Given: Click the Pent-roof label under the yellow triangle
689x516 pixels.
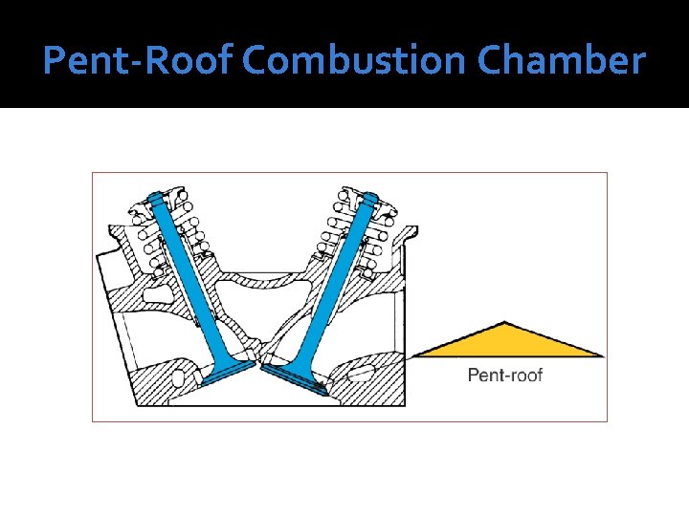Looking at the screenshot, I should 504,375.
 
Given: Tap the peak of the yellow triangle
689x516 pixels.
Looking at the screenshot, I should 505,323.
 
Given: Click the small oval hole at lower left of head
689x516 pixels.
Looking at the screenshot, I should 178,378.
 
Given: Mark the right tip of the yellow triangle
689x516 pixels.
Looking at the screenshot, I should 603,355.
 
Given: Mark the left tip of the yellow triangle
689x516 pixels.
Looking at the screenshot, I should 412,356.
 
